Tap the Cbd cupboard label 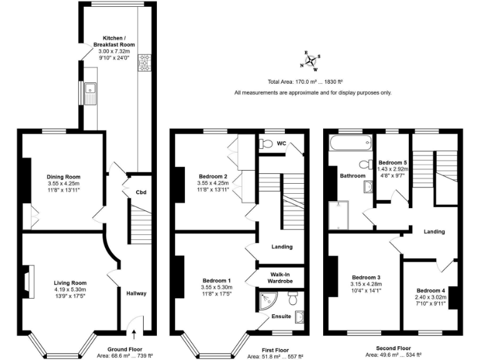click(x=141, y=192)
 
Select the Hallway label click(x=136, y=293)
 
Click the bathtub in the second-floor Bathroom click(x=348, y=143)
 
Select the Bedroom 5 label click(x=393, y=162)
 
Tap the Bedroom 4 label click(x=431, y=291)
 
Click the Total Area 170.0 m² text click(x=304, y=82)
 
